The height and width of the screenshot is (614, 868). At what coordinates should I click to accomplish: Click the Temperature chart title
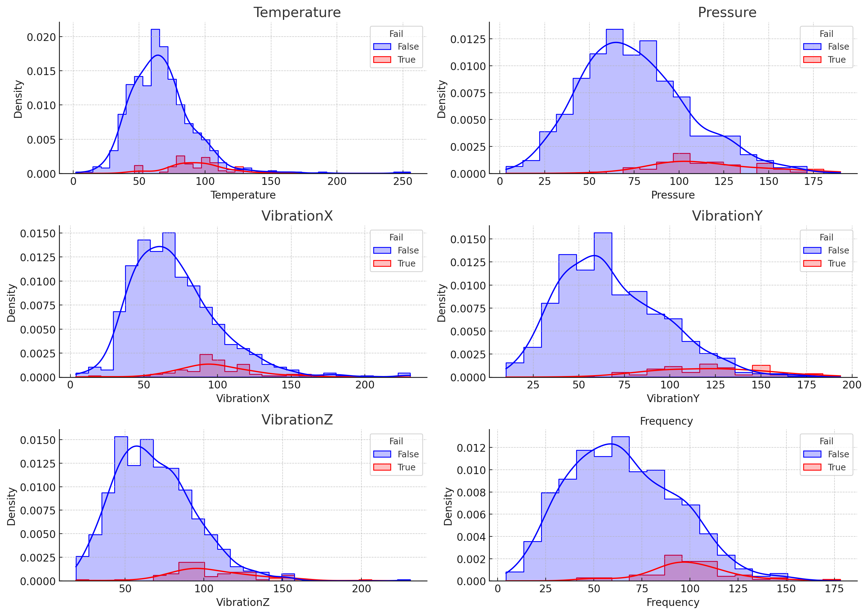297,12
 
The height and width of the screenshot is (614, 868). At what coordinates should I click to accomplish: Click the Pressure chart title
727,12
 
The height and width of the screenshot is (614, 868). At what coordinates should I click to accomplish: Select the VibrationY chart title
727,216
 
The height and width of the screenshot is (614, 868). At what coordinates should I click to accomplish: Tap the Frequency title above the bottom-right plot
666,421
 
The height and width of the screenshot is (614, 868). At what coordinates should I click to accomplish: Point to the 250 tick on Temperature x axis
402,182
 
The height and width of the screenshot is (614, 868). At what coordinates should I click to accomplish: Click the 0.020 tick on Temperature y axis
41,37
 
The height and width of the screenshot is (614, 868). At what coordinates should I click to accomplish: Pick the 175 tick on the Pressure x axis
813,182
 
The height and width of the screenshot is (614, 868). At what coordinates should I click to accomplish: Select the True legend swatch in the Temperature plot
382,60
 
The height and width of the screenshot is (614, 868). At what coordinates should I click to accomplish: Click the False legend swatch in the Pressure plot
812,47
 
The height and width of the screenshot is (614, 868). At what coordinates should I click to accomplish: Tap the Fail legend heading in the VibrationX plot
396,237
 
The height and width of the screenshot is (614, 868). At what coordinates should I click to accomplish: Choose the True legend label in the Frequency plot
836,467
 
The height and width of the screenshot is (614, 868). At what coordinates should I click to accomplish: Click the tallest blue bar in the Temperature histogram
155,102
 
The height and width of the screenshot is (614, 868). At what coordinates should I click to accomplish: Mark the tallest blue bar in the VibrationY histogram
603,306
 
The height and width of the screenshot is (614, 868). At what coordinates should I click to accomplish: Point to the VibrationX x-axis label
243,398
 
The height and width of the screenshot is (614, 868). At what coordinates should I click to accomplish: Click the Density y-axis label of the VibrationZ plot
11,506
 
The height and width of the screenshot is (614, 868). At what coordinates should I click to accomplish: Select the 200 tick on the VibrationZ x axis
361,589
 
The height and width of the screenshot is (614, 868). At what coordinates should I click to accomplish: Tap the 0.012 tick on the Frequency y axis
470,448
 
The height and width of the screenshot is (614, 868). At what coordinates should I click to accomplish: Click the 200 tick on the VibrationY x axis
852,385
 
